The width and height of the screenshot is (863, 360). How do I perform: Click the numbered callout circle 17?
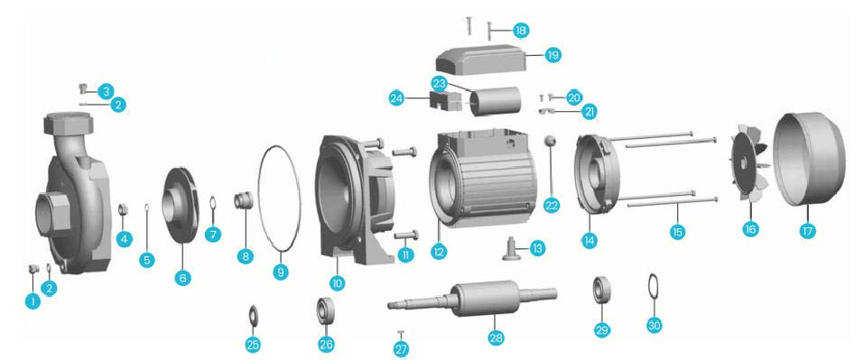(x=807, y=231)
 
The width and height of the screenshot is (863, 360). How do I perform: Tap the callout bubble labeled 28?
(x=496, y=337)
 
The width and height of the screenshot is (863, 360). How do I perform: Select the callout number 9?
(x=281, y=272)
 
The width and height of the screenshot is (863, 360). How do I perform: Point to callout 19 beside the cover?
(x=553, y=54)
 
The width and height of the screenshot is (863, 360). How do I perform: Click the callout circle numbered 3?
(x=107, y=91)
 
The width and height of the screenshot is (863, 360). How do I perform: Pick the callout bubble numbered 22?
(x=552, y=205)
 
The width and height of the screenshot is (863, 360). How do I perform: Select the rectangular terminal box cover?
(x=481, y=60)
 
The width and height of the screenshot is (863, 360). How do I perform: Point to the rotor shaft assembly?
(x=472, y=299)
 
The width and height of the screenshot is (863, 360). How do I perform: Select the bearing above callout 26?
(x=325, y=311)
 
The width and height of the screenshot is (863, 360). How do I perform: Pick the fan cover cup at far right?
(x=809, y=159)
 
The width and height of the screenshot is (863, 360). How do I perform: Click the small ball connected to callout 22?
(x=550, y=141)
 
